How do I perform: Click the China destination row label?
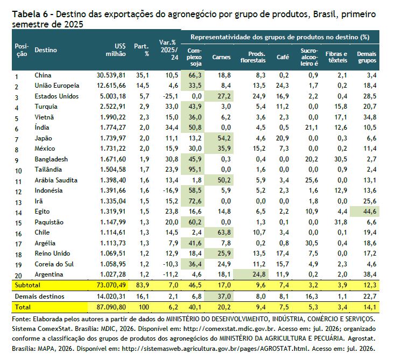click(43, 75)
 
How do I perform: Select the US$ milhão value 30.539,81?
click(111, 75)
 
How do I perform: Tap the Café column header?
click(283, 57)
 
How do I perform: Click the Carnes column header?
click(221, 57)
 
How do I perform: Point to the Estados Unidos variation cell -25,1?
click(170, 96)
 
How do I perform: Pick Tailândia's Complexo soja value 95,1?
click(195, 170)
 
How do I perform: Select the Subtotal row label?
click(27, 285)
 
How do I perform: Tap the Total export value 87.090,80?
click(111, 307)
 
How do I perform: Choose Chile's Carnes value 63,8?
click(224, 232)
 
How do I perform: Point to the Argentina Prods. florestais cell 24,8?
click(259, 274)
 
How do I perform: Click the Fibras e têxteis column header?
click(336, 57)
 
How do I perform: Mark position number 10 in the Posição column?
click(18, 171)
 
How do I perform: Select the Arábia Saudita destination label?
click(56, 180)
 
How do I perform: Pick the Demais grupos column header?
click(366, 57)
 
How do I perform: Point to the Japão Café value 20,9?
click(282, 138)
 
